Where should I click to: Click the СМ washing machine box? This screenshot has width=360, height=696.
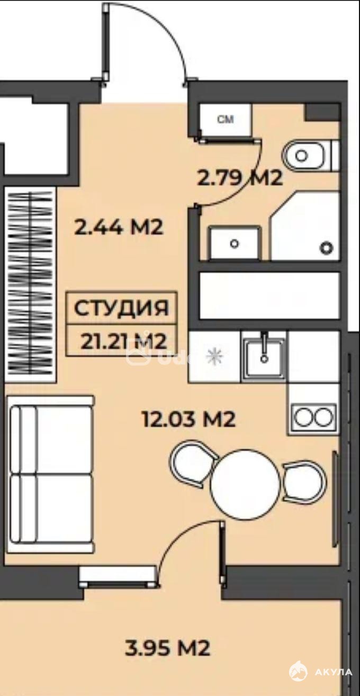click(225, 120)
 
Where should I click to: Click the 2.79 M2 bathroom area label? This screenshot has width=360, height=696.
click(240, 179)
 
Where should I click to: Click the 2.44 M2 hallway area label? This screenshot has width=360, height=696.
click(119, 228)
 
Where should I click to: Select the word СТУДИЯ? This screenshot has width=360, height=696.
click(121, 308)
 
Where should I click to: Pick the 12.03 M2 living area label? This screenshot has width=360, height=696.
click(188, 419)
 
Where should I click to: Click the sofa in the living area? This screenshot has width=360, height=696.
click(50, 474)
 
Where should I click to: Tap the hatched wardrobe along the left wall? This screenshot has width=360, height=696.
click(30, 284)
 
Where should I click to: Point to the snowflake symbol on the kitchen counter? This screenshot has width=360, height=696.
click(214, 355)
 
